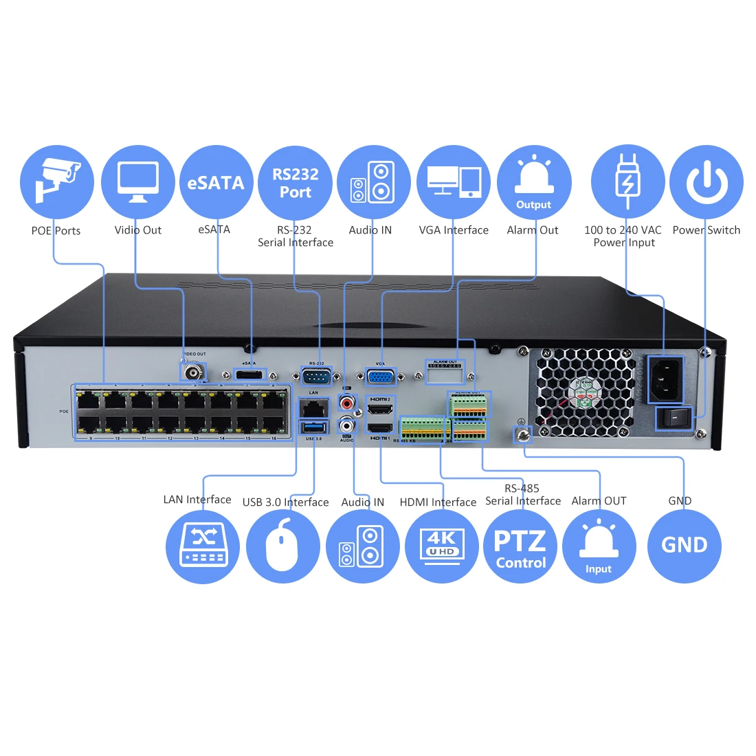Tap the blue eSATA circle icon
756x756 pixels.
pyautogui.click(x=216, y=182)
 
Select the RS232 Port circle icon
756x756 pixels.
pyautogui.click(x=296, y=182)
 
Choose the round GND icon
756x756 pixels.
pyautogui.click(x=685, y=546)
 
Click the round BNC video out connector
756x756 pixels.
pyautogui.click(x=193, y=372)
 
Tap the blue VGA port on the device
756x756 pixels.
pyautogui.click(x=380, y=376)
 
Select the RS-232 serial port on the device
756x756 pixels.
pyautogui.click(x=316, y=376)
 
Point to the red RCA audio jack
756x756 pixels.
pyautogui.click(x=348, y=401)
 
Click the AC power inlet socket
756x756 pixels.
pyautogui.click(x=665, y=379)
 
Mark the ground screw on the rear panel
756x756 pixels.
pyautogui.click(x=523, y=434)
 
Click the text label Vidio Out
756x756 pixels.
pyautogui.click(x=137, y=230)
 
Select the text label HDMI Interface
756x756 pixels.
pyautogui.click(x=438, y=502)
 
